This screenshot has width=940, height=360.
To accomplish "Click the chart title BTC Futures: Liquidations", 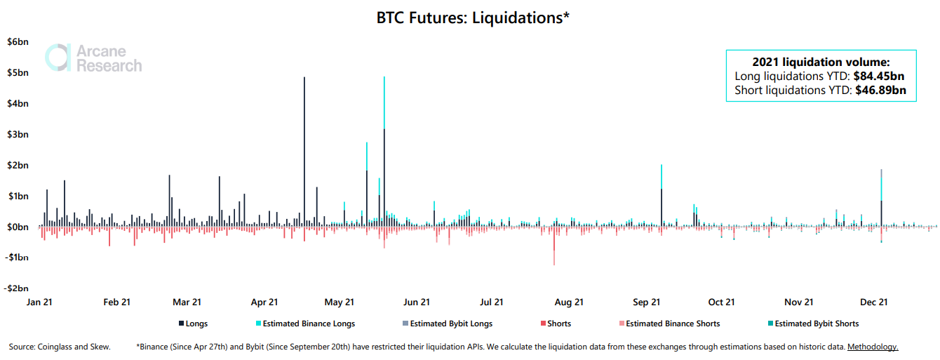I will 472,18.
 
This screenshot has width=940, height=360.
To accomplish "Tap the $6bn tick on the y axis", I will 18,42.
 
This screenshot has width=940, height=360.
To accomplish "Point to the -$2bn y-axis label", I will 18,288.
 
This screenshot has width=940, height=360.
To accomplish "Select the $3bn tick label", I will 18,134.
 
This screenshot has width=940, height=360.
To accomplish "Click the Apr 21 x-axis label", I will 264,302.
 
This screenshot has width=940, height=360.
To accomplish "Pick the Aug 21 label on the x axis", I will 569,302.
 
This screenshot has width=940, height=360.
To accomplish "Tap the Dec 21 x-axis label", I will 874,302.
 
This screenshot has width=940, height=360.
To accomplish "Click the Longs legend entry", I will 193,324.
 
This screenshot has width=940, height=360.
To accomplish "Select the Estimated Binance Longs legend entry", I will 305,324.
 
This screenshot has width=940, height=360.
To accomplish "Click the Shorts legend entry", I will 556,324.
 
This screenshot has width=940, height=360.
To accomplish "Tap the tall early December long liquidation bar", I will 881,204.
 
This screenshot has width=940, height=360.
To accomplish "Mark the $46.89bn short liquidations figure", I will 881,91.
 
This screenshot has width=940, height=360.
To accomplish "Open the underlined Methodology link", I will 873,347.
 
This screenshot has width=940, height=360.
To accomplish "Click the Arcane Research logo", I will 93,58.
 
